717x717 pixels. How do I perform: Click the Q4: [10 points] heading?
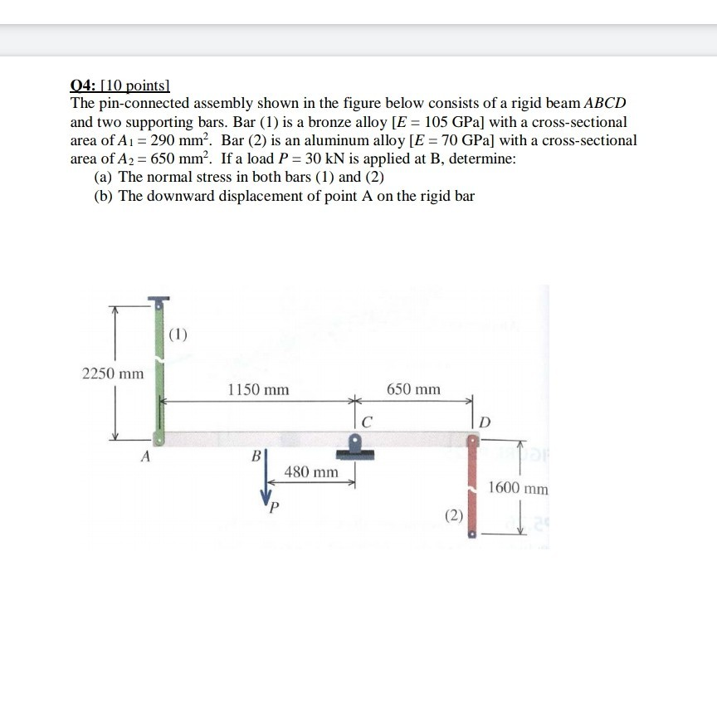(x=119, y=85)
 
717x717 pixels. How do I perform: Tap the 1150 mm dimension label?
(x=258, y=388)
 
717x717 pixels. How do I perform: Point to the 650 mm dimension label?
(x=413, y=388)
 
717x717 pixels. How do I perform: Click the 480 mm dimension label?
(x=311, y=472)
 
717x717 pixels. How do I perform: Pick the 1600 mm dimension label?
(x=519, y=488)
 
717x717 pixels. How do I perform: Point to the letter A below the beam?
(x=146, y=456)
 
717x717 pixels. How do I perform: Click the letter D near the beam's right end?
(x=486, y=425)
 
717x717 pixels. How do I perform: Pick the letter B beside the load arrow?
(x=256, y=456)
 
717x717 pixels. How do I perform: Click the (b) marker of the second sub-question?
(x=105, y=196)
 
